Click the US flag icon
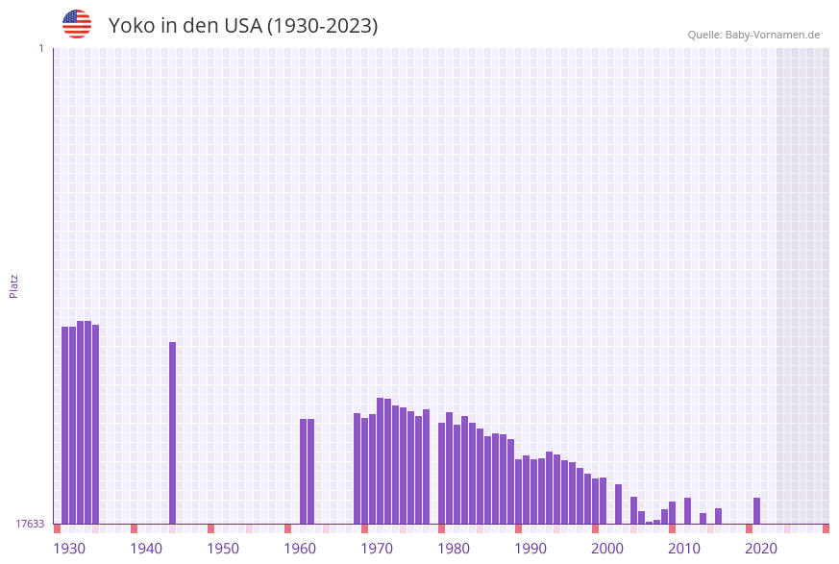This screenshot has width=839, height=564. pos(77,24)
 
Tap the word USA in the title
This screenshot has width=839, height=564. pos(242,26)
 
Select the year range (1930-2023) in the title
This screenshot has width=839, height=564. pos(322,26)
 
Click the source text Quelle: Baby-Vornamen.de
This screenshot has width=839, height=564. pos(753,35)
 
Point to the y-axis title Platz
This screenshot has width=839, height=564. pos(14,285)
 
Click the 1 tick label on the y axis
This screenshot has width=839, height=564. pos(40,48)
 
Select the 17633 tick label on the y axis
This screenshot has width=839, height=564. pos(30,524)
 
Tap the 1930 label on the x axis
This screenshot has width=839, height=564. pos(69,549)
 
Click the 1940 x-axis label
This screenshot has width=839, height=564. pos(146,549)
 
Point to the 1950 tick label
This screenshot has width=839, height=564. pos(223,549)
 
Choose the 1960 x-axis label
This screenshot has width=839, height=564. pos(300,549)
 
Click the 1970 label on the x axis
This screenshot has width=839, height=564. pos(377,549)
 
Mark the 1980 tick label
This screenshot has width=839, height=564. pos(454,549)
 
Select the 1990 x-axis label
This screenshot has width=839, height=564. pos(531,549)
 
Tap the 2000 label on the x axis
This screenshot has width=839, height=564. pos(607,549)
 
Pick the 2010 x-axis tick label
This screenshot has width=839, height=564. pos(684,549)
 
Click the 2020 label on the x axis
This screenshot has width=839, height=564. pos(761,549)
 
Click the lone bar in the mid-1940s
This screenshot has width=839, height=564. pos(173,432)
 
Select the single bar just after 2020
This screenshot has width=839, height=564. pos(757,511)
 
